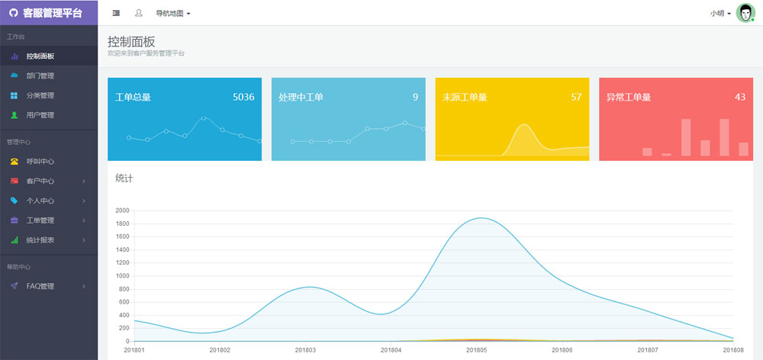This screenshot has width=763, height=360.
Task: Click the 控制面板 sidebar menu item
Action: coord(40,56)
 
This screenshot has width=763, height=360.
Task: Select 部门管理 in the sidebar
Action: coord(40,76)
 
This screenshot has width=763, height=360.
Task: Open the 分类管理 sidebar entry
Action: coord(40,95)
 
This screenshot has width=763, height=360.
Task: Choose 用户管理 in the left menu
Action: coord(40,115)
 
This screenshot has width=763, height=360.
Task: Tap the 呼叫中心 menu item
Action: coord(40,162)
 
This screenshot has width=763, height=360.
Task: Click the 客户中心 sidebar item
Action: coord(40,182)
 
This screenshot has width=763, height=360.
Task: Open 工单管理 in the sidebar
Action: coord(40,220)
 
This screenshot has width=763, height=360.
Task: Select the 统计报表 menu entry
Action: coord(40,240)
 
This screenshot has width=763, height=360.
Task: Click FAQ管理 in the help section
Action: coord(40,286)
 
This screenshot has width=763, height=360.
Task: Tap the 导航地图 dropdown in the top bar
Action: coord(172,13)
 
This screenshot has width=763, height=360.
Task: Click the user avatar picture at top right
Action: coord(745,13)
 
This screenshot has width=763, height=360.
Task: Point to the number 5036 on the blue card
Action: coord(243,97)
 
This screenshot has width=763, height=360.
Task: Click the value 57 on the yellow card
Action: coord(576,97)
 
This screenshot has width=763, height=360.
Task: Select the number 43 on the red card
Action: coord(740,97)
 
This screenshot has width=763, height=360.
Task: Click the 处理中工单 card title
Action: coord(301,98)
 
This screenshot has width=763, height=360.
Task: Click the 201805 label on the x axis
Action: coord(477,350)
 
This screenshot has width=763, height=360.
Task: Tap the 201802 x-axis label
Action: coord(220,350)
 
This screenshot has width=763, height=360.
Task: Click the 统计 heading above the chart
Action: coord(124,178)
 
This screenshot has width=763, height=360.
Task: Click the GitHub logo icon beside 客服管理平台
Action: coord(13,12)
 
